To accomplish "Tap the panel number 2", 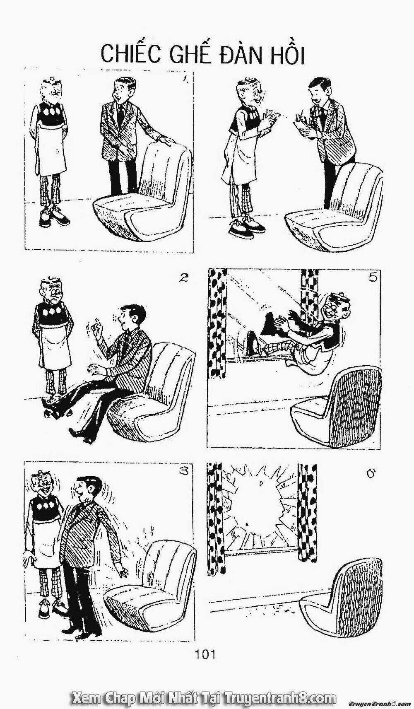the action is (x=182, y=279).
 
